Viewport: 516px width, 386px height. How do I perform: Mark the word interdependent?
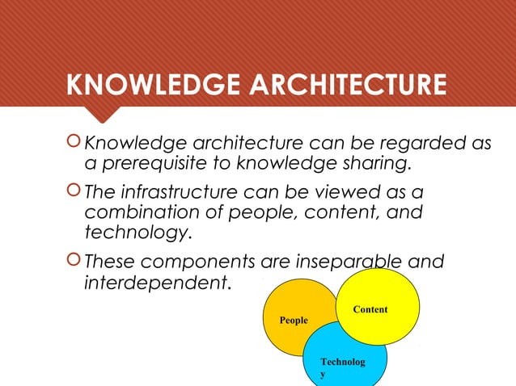tap(156, 284)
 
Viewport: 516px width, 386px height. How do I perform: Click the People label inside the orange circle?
tap(294, 321)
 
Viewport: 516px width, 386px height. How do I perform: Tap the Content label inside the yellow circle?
tap(370, 310)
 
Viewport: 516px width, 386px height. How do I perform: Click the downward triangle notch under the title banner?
tap(105, 115)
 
